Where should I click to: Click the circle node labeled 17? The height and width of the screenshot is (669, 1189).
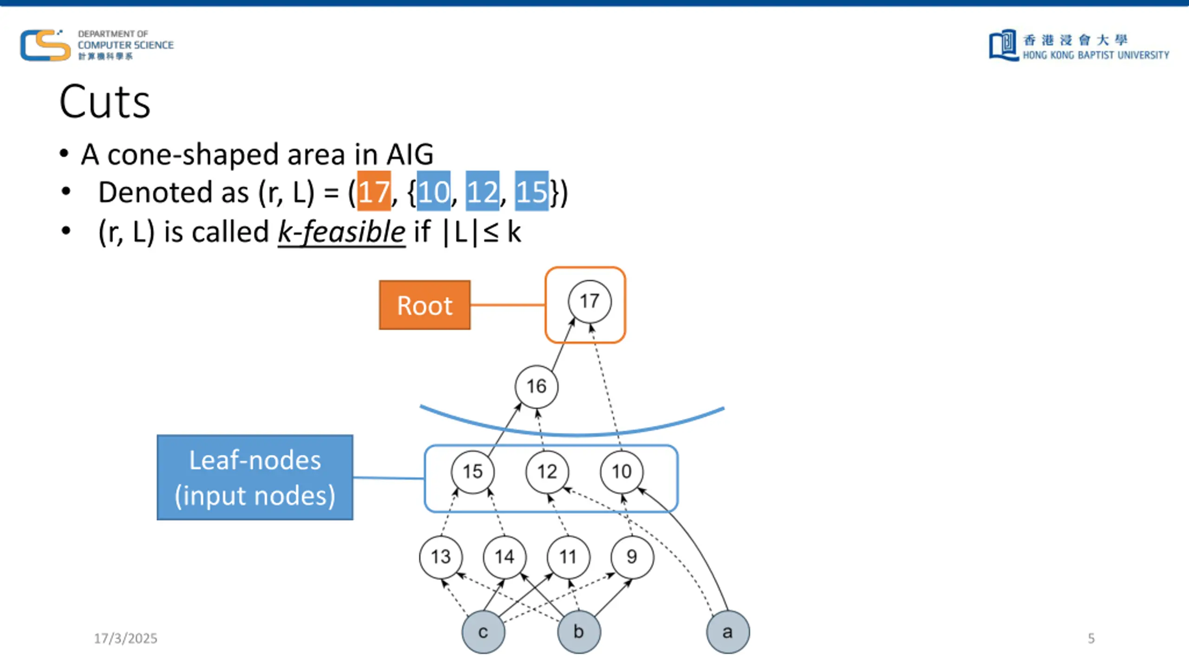tap(589, 302)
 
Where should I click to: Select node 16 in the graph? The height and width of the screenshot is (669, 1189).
tap(536, 387)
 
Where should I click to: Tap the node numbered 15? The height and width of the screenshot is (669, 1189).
tap(473, 472)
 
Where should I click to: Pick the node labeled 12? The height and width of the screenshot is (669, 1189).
tap(547, 472)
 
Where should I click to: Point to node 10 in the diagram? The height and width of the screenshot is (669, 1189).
tap(622, 472)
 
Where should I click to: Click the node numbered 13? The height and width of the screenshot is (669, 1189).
tap(441, 557)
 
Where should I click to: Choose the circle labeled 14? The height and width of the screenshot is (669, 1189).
tap(504, 557)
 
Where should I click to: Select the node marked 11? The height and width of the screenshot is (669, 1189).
tap(568, 557)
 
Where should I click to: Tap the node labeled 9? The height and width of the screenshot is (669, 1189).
tap(632, 557)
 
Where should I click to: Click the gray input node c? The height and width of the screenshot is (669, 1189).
tap(483, 632)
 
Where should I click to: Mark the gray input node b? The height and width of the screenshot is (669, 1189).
tap(579, 632)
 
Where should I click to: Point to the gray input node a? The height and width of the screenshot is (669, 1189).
tap(728, 632)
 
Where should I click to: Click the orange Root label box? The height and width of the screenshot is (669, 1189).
tap(425, 305)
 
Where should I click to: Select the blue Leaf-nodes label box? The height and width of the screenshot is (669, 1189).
tap(255, 478)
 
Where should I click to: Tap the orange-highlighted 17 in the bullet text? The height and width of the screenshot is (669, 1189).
tap(374, 191)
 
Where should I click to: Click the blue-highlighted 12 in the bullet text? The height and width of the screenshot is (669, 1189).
tap(483, 191)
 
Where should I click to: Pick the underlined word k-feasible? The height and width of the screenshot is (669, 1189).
tap(341, 232)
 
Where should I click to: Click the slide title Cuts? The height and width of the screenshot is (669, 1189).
tap(105, 102)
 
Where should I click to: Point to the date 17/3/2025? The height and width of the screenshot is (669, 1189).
tap(125, 638)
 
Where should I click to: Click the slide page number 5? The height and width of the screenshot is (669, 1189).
tap(1091, 638)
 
